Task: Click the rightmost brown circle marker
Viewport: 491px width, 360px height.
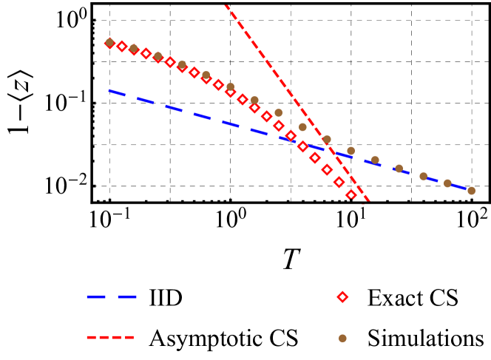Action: coord(471,191)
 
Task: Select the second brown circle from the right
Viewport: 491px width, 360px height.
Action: coord(447,183)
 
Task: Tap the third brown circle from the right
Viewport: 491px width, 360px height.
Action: coord(423,177)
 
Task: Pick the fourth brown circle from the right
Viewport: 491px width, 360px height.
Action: coord(399,169)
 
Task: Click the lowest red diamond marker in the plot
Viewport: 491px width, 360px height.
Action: coord(351,195)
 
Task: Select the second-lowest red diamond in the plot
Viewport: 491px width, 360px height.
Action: coord(339,182)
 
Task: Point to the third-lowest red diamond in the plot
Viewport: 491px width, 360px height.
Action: coord(327,170)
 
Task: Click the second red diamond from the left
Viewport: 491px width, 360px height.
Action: coord(122,47)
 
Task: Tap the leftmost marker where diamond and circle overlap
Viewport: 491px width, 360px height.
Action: coord(110,43)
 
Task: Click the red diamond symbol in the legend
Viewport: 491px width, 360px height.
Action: coord(342,296)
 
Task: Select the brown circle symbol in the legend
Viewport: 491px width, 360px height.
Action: coord(342,338)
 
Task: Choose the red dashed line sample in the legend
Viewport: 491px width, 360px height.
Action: coord(110,338)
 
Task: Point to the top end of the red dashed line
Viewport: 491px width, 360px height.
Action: coord(226,6)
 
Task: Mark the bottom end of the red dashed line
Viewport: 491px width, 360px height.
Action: coord(368,201)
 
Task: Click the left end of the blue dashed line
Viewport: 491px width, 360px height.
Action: coord(109,91)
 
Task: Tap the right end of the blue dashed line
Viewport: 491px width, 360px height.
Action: coord(467,190)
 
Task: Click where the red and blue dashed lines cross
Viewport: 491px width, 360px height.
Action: coord(329,149)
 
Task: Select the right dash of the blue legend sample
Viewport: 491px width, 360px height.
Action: coord(127,296)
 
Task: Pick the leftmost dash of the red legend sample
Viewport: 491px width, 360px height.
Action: coord(91,338)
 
